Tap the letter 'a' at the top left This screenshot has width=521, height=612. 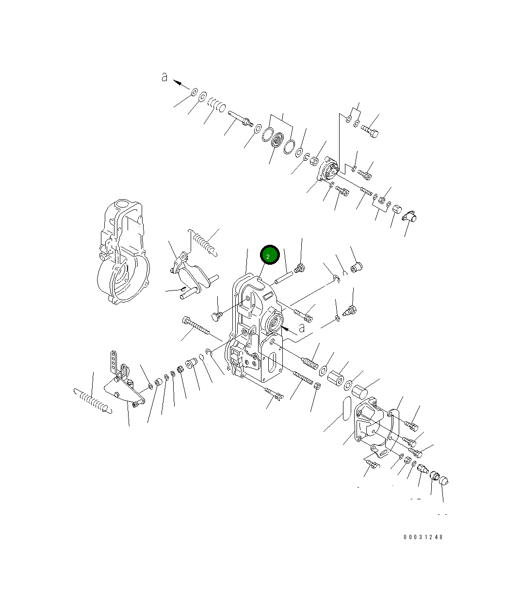(165, 77)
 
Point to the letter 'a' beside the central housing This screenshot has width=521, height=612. (302, 328)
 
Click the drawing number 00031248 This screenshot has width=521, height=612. (423, 537)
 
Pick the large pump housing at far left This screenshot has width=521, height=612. (121, 253)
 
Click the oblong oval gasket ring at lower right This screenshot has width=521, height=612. (345, 408)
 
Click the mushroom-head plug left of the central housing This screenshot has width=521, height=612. (217, 317)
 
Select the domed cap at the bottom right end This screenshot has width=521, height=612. (443, 481)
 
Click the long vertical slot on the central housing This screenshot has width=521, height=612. (274, 362)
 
